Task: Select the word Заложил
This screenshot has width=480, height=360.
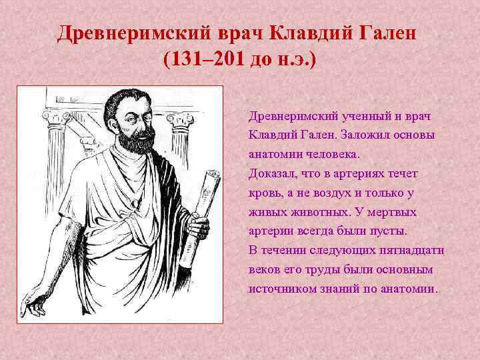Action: pos(363,135)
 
